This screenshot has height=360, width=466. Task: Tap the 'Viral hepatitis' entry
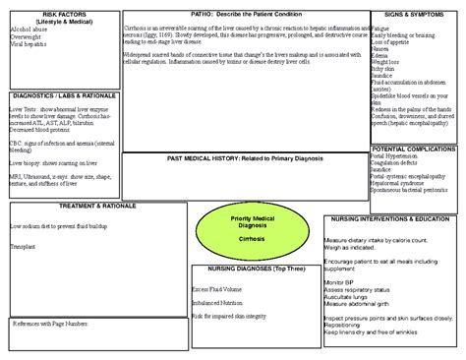(x=29, y=44)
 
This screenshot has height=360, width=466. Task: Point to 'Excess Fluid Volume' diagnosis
(x=218, y=290)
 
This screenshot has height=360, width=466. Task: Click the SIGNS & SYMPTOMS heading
(x=414, y=14)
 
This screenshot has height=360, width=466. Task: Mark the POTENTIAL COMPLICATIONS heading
(x=414, y=148)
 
